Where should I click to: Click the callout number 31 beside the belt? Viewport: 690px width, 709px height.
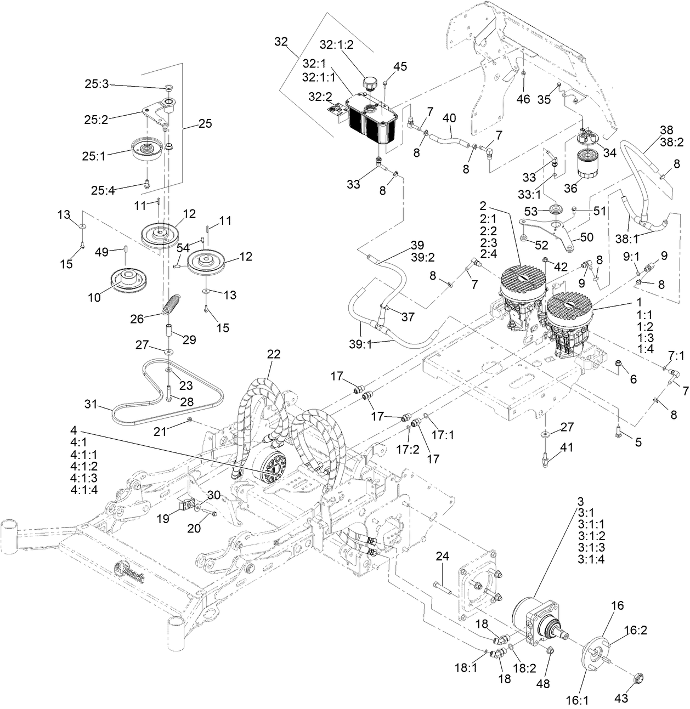click(92, 403)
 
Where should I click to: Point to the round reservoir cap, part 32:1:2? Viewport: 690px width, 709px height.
click(371, 82)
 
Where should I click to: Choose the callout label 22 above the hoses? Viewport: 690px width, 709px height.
click(274, 354)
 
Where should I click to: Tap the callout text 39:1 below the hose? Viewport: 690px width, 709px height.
click(360, 344)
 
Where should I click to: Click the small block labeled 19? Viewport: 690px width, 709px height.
click(186, 504)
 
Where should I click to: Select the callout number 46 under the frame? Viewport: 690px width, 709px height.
click(523, 99)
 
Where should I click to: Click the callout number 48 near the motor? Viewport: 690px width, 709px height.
click(543, 683)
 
